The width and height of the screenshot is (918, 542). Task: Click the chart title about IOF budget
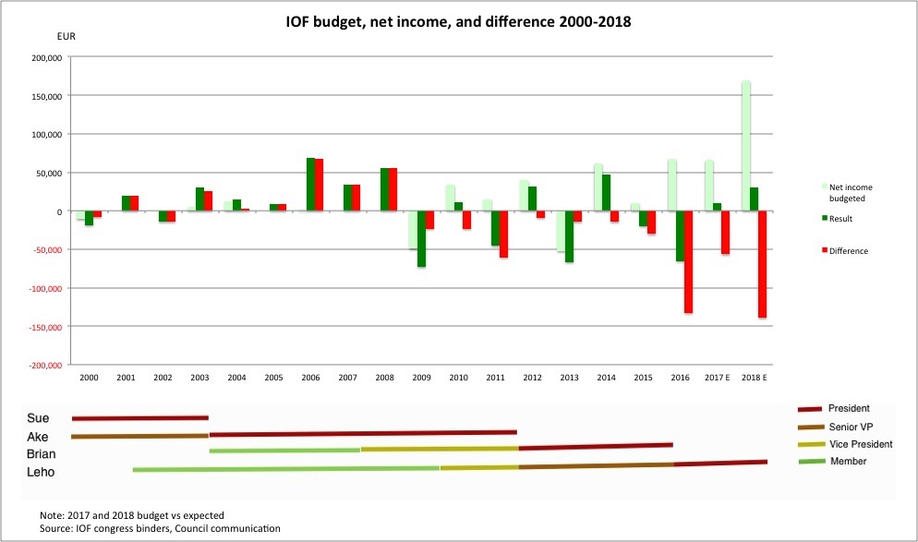point(458,20)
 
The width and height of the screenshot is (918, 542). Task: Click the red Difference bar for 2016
point(688,262)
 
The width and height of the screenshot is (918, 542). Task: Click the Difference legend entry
point(849,251)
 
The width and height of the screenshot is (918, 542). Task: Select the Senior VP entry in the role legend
point(852,427)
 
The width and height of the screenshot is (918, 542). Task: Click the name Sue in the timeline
point(38,418)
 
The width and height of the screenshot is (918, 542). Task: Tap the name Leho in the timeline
point(41,472)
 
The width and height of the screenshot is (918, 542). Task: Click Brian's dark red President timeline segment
point(596,446)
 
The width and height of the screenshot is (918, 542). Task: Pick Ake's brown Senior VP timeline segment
point(139,436)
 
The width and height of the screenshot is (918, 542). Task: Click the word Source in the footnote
point(57,528)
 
